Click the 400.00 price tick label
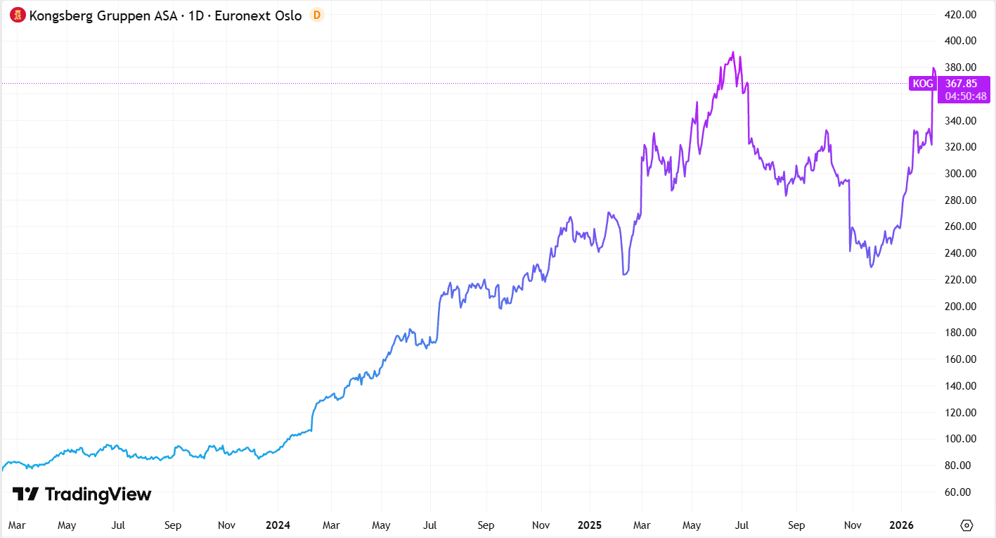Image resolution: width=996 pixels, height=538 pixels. click(961, 41)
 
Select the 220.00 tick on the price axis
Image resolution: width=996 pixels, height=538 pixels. click(961, 279)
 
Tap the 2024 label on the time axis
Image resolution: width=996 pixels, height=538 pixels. click(277, 525)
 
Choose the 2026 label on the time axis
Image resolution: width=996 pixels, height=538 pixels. click(901, 525)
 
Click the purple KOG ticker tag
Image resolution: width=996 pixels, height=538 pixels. click(922, 84)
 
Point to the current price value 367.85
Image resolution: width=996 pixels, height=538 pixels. click(961, 84)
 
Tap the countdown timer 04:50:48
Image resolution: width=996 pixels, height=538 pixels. click(961, 96)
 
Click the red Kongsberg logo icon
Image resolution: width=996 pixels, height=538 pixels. click(18, 15)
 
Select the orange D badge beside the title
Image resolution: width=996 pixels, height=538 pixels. click(317, 15)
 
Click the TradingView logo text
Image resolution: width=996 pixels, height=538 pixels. click(83, 494)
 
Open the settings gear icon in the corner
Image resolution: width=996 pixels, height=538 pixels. click(966, 525)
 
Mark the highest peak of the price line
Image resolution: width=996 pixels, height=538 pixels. click(733, 52)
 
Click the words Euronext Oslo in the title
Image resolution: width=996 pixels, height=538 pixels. click(259, 15)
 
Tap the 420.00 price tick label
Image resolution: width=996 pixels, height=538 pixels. click(961, 14)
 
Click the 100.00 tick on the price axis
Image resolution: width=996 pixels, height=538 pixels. click(961, 439)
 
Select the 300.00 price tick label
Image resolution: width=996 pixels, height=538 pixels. click(961, 174)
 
